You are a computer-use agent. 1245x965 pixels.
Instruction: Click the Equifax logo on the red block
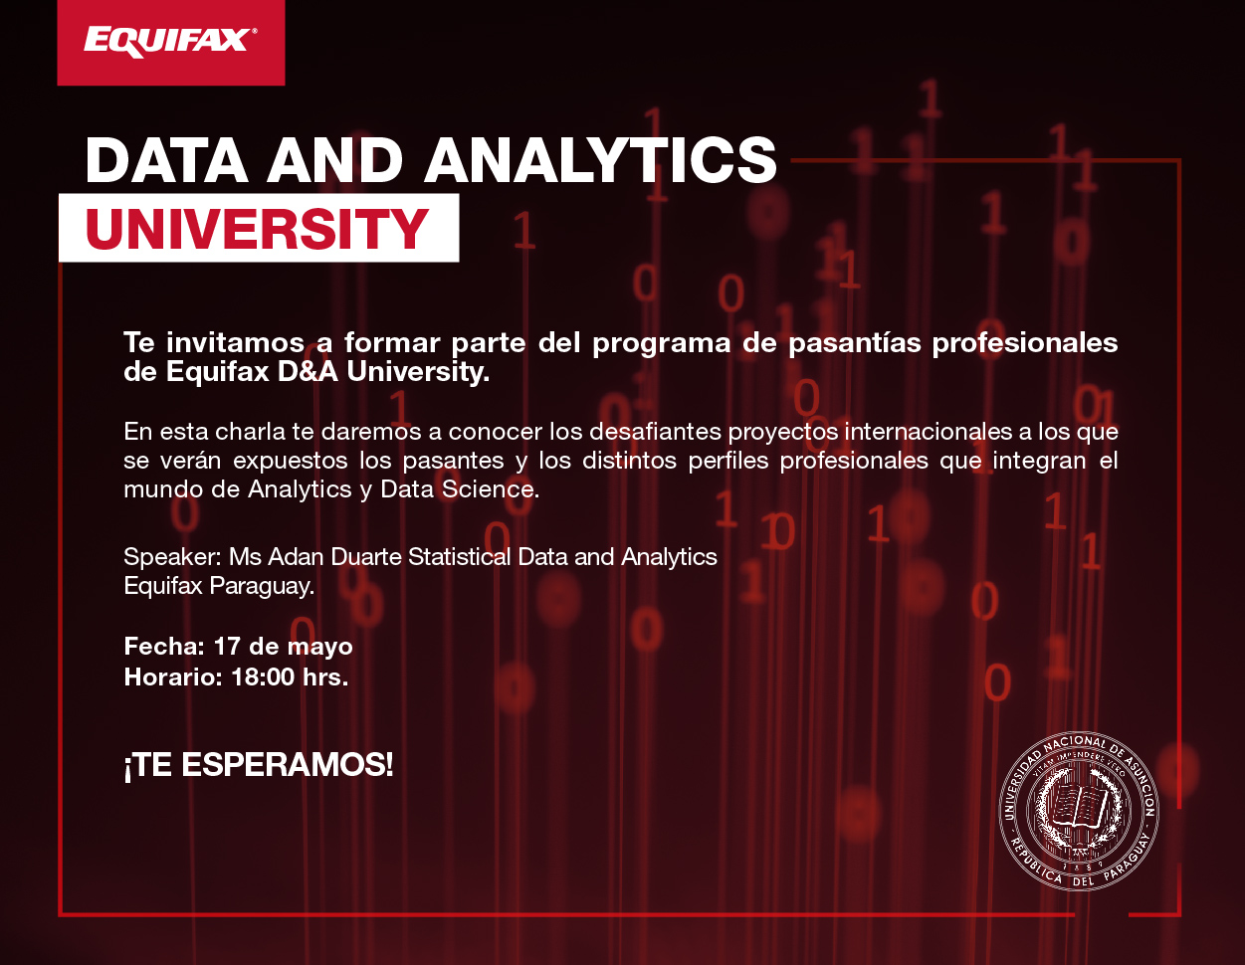pyautogui.click(x=170, y=43)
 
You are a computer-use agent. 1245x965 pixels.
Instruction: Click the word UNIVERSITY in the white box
pyautogui.click(x=257, y=229)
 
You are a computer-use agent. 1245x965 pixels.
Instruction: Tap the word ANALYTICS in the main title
pyautogui.click(x=600, y=160)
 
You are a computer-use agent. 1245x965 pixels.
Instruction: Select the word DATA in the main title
pyautogui.click(x=167, y=160)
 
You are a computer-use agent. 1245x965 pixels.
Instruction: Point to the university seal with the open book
pyautogui.click(x=1079, y=812)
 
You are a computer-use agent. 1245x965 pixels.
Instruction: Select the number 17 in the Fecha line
pyautogui.click(x=226, y=647)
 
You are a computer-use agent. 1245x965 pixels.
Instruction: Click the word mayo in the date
pyautogui.click(x=319, y=648)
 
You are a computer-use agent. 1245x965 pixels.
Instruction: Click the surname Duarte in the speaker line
pyautogui.click(x=366, y=557)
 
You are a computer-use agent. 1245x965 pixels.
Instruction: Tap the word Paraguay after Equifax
pyautogui.click(x=262, y=586)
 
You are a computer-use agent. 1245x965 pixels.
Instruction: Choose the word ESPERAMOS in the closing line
pyautogui.click(x=288, y=765)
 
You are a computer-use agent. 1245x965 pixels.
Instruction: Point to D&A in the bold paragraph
pyautogui.click(x=308, y=372)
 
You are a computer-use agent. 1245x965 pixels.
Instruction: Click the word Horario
pyautogui.click(x=173, y=676)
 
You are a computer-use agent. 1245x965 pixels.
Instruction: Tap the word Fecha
pyautogui.click(x=164, y=647)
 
